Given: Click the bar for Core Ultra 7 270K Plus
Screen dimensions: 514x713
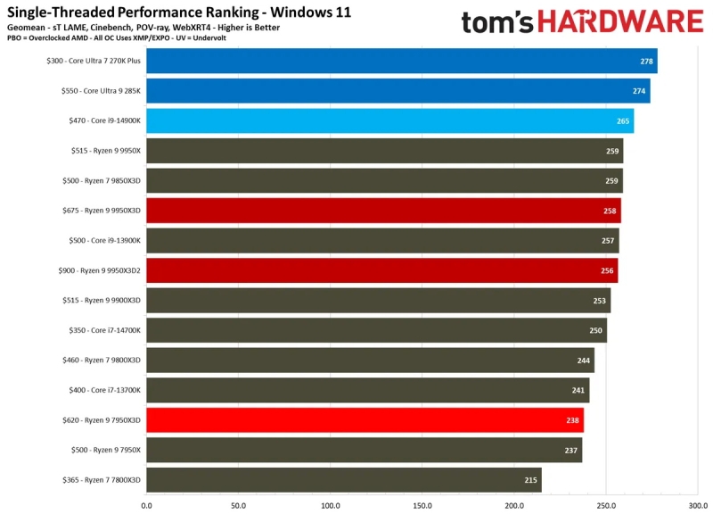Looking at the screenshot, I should tap(401, 61).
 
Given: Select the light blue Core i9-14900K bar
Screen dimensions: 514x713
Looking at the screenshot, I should tap(389, 121).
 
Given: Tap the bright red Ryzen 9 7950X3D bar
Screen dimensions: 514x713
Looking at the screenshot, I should tap(365, 420).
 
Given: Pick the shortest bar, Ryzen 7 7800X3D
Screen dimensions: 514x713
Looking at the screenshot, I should tap(343, 480).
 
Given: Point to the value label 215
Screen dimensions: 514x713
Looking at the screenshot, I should tap(531, 480).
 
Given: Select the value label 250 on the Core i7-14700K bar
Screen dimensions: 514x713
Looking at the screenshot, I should tap(595, 331).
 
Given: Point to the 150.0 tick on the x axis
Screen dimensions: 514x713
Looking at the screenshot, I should tap(422, 505).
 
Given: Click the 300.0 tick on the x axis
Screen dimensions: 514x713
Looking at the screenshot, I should tap(698, 505).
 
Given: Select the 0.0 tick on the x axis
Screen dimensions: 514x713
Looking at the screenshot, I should tap(146, 505).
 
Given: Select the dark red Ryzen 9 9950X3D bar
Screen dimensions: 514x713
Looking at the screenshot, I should tap(383, 211).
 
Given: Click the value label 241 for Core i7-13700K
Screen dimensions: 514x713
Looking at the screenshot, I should tap(578, 391).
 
